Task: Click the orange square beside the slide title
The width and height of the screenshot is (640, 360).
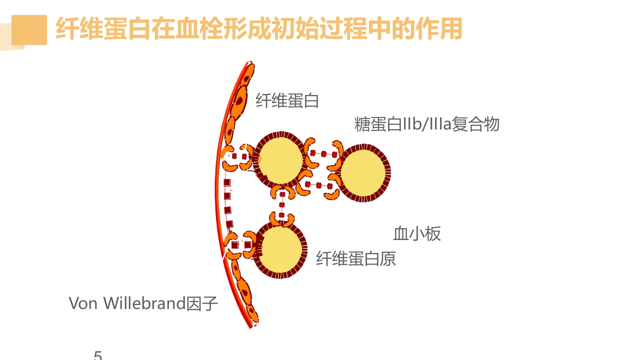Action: coord(29,30)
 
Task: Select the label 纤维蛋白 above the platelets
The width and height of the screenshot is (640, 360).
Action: coord(287,100)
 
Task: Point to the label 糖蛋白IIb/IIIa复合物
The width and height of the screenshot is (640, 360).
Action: coord(427,123)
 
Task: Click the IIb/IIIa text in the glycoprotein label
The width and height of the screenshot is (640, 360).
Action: coord(426,123)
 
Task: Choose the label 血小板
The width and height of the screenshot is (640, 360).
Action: coord(417,233)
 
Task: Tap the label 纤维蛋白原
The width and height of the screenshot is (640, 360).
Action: coord(356,258)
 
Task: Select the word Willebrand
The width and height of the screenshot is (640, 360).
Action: coord(144,303)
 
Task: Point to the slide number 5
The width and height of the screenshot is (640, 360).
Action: coord(98,355)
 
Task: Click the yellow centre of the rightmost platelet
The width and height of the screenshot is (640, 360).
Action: coord(363,172)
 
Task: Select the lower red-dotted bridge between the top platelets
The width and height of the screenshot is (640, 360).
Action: coord(318,185)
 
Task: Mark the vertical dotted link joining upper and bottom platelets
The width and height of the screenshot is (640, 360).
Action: coord(282,204)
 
